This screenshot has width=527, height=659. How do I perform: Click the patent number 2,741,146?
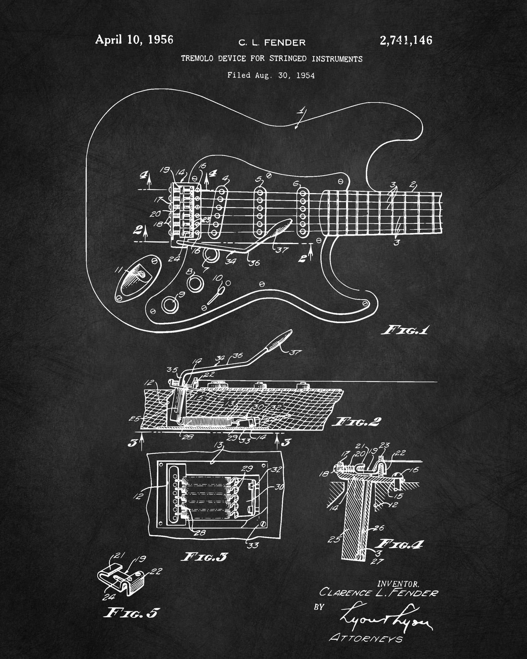click(406, 41)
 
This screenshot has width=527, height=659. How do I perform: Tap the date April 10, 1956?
click(134, 40)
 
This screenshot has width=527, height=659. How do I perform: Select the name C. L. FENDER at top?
click(272, 42)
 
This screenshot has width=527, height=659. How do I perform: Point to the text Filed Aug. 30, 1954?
click(271, 75)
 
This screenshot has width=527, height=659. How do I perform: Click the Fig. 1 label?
click(406, 330)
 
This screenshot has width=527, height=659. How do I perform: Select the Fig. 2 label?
click(357, 422)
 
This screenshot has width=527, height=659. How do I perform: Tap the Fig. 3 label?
click(204, 557)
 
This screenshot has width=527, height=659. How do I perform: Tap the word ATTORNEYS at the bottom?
click(366, 638)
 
